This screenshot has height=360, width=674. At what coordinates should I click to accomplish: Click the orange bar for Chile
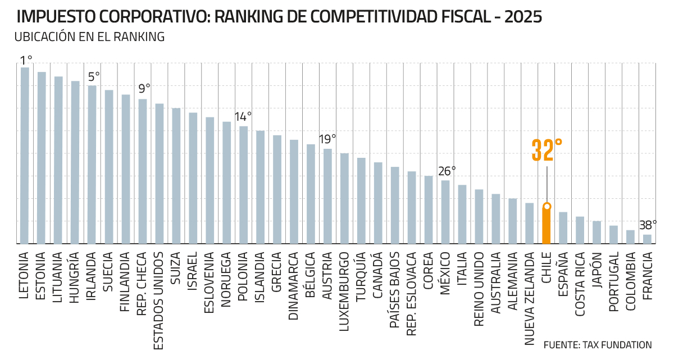point(547,226)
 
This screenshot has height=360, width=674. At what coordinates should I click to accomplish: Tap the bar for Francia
point(647,239)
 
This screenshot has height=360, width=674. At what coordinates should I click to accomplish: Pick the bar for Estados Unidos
point(160,174)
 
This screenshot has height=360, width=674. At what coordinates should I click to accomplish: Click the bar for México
point(445,212)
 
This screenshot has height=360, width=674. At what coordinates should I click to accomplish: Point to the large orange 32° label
point(547,150)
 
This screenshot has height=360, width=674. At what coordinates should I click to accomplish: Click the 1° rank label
point(26,60)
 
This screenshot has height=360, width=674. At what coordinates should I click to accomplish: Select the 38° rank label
point(648,226)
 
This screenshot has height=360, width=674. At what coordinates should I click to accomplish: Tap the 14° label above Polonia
point(243,117)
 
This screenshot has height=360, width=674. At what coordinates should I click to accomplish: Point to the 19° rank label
point(327,139)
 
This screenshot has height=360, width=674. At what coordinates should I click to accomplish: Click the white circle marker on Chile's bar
point(547,206)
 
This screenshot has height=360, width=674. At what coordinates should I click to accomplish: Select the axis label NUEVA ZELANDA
point(530,298)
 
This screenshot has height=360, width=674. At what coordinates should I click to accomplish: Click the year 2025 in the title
point(523,17)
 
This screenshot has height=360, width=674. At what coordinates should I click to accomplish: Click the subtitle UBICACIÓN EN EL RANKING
point(89,37)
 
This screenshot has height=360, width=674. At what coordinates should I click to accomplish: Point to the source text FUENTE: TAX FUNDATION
point(598,345)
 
